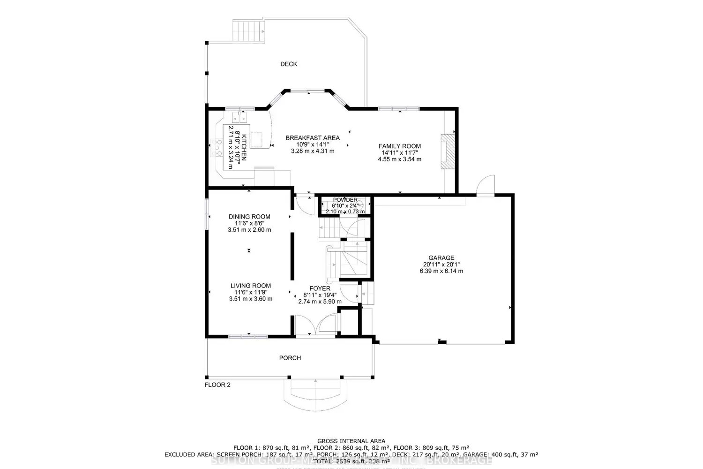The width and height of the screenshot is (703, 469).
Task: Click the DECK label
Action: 289,64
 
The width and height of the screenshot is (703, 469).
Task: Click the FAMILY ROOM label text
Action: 399,146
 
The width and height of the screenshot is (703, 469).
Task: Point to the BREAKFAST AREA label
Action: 313,138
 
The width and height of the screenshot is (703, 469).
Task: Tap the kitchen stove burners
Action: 218,148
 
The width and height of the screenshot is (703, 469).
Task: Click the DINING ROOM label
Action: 249,217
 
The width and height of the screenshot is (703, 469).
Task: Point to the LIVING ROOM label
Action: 251,286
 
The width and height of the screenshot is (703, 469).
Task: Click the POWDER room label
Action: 345,200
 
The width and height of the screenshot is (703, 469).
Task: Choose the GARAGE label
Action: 441,258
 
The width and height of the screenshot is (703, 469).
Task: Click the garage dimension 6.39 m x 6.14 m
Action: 441,271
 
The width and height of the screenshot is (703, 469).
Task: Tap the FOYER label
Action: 320,288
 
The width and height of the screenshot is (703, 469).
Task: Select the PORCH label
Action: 290,358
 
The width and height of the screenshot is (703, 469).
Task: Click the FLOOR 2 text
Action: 217,385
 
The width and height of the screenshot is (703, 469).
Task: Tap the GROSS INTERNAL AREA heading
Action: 351,441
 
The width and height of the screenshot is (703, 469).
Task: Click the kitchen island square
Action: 257,140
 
